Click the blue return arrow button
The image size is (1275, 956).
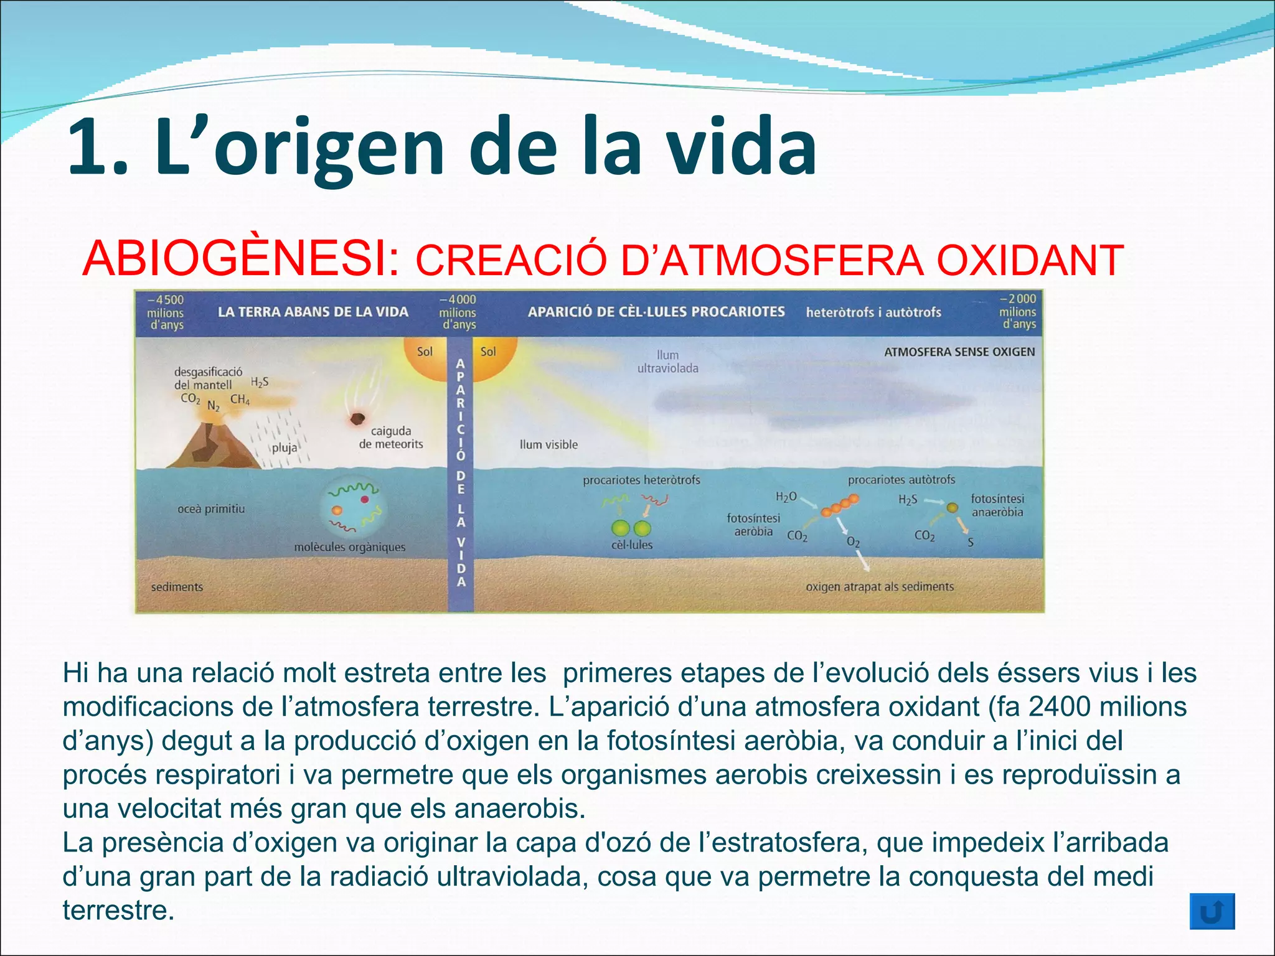1211,912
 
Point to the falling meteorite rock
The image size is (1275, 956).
357,419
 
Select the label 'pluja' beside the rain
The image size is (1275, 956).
285,448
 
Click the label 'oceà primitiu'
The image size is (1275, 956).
211,508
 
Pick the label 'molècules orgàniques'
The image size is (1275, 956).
349,547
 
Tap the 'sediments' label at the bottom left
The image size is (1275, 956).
177,586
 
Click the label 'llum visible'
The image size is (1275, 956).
548,444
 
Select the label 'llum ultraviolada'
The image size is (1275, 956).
667,362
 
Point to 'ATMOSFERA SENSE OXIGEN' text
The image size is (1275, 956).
959,352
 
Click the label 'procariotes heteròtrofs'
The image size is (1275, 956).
641,480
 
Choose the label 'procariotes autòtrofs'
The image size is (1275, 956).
901,479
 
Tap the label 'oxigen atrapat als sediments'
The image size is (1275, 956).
879,586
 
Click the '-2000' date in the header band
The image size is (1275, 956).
1017,299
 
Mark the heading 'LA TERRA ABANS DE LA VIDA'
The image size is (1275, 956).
313,312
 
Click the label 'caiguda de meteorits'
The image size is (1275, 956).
391,437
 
